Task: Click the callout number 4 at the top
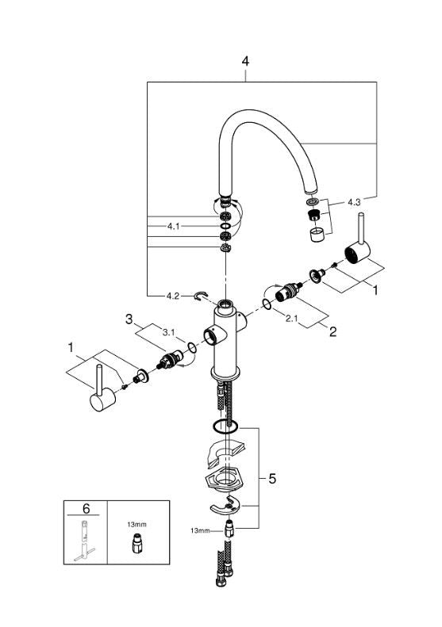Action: click(x=245, y=60)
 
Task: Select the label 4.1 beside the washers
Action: click(x=174, y=227)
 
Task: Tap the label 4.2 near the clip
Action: click(x=174, y=296)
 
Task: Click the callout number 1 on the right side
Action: click(x=375, y=290)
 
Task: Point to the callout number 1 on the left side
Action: click(x=71, y=347)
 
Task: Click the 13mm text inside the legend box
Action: click(x=138, y=524)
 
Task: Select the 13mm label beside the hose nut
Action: click(x=200, y=530)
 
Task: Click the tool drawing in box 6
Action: click(x=85, y=543)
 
